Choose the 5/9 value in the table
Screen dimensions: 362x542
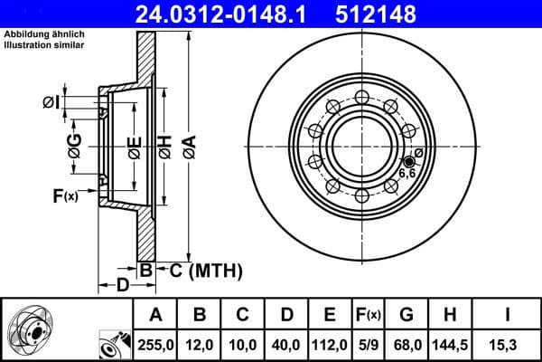coord(369,344)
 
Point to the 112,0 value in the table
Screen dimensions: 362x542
coord(330,344)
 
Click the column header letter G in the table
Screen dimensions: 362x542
coord(406,315)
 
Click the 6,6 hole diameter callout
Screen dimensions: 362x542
coord(407,172)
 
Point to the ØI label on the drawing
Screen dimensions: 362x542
coord(51,102)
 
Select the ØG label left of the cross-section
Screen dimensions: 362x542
coord(75,144)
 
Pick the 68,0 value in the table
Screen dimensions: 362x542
coord(406,344)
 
